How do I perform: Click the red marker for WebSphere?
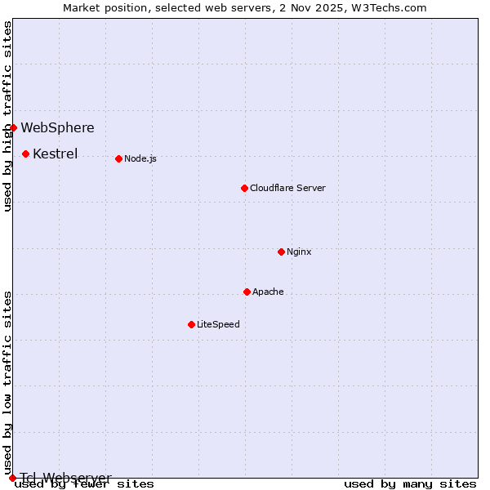click(13, 127)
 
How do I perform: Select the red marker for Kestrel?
click(26, 154)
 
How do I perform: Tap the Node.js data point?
click(119, 158)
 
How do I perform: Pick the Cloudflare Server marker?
click(244, 188)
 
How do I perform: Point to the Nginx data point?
click(281, 252)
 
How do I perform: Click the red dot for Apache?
click(247, 292)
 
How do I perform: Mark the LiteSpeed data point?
click(191, 324)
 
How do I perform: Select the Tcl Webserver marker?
click(13, 478)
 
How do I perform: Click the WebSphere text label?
click(57, 127)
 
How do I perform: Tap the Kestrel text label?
click(55, 154)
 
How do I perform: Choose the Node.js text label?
click(140, 158)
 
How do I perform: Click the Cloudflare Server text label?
click(287, 188)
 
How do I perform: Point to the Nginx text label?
click(299, 252)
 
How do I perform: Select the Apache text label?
click(268, 292)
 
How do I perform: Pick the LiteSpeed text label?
click(218, 324)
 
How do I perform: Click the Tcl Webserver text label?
click(65, 478)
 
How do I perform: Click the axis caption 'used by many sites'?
click(410, 484)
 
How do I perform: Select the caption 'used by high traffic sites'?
click(8, 116)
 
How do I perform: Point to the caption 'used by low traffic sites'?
click(8, 382)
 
